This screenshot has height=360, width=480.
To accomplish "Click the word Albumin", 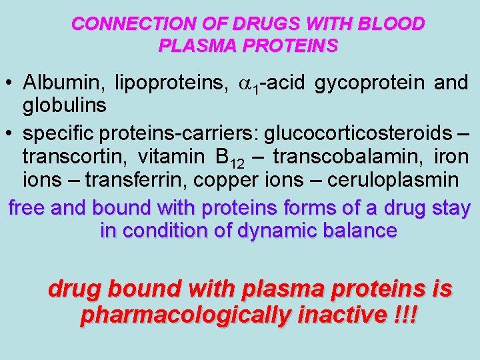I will (63, 83).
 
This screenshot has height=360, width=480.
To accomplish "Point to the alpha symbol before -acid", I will (243, 84).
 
